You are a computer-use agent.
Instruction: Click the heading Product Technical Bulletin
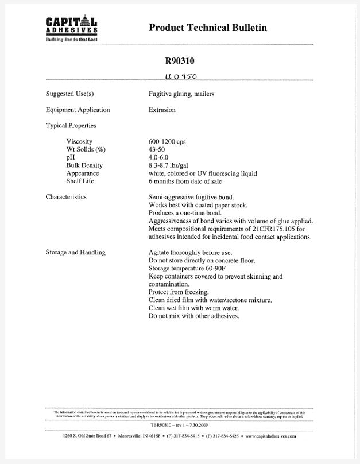[207, 28]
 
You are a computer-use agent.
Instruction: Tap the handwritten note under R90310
[180, 76]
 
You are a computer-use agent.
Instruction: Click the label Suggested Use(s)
[69, 94]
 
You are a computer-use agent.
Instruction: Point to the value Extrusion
[162, 110]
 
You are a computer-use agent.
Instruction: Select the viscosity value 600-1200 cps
[167, 141]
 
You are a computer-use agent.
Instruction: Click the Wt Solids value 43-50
[157, 149]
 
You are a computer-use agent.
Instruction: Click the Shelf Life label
[80, 181]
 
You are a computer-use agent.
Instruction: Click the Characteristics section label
[66, 197]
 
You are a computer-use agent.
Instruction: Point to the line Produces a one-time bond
[185, 213]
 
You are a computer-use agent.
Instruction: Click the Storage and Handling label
[75, 253]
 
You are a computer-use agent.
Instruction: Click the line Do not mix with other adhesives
[193, 316]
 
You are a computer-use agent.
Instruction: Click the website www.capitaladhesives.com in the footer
[270, 437]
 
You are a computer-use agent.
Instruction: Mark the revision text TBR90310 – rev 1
[172, 424]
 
